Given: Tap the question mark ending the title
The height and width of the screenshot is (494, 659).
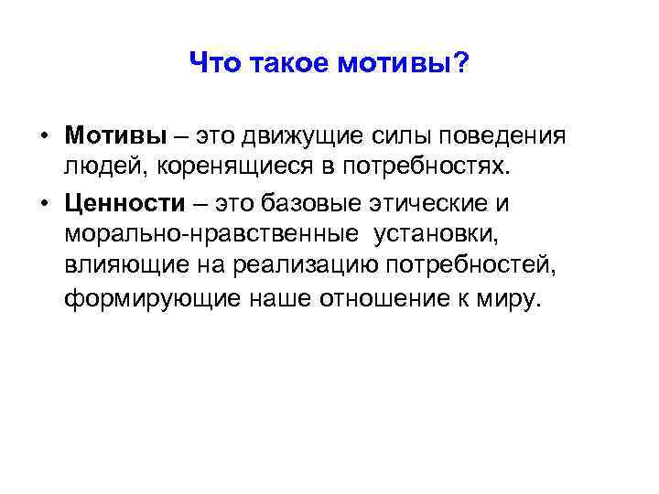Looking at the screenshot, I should (x=462, y=63).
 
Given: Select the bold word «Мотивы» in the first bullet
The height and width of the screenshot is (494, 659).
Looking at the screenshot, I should (x=115, y=135).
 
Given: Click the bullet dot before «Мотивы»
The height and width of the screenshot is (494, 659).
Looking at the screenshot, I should (x=43, y=136).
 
